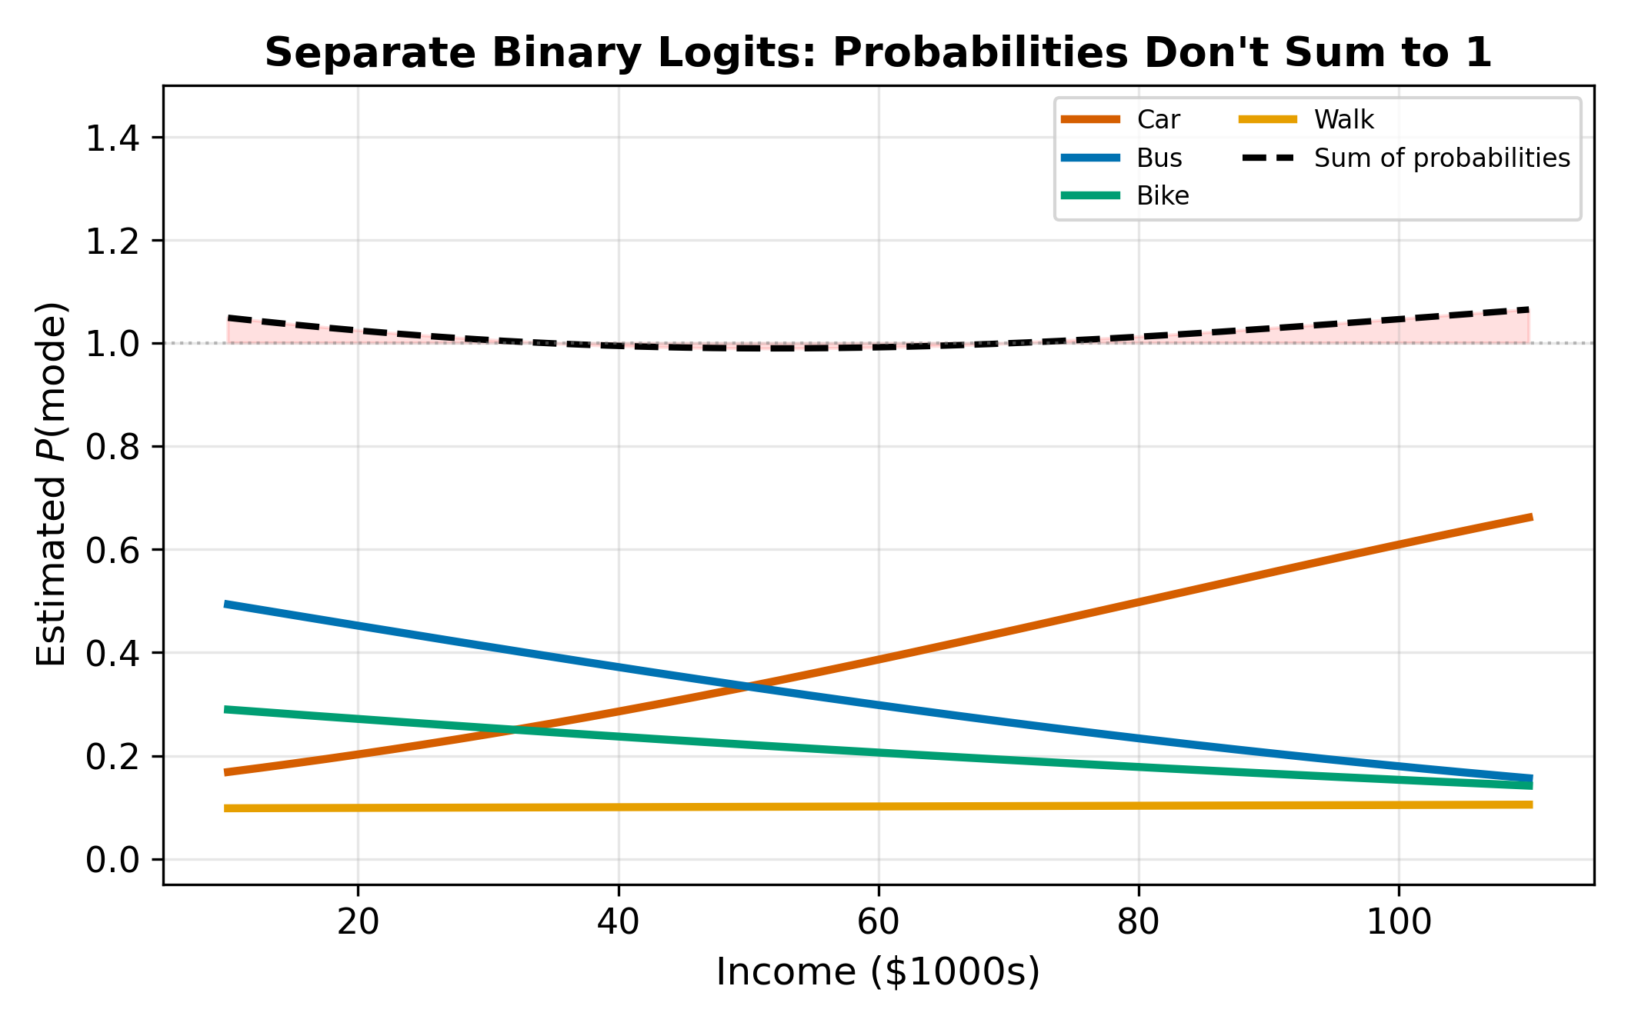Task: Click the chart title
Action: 878,53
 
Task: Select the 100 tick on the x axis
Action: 1398,921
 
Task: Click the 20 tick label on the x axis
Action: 359,921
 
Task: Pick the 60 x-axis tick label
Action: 879,921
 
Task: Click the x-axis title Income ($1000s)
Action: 878,972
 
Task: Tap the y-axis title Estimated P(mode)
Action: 52,485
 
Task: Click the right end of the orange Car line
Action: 1530,518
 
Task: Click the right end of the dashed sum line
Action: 1528,309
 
